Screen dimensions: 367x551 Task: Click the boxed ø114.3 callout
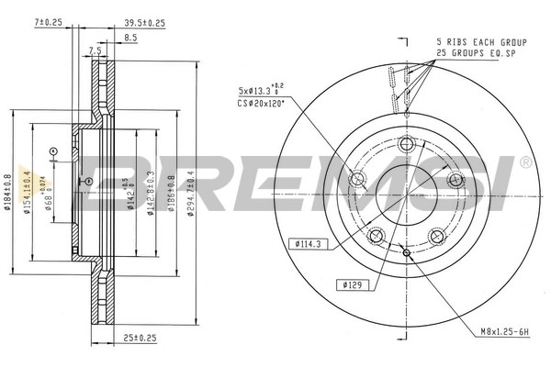(x=306, y=243)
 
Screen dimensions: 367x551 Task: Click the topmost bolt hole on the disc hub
(x=407, y=143)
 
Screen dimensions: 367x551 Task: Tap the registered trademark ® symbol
(x=524, y=162)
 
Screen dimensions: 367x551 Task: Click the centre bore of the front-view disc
(x=406, y=194)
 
